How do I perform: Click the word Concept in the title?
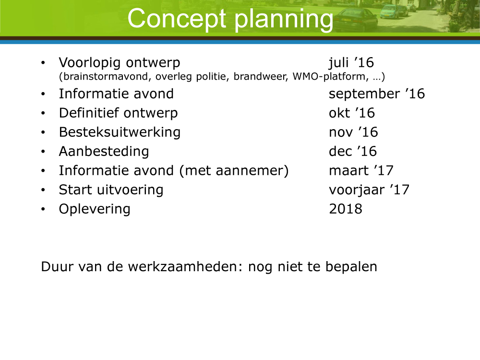(x=177, y=19)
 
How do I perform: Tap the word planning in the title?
(x=284, y=20)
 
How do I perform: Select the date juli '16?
(x=351, y=63)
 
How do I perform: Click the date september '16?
(x=377, y=94)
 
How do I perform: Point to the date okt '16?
(x=352, y=113)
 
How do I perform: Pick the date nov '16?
(x=353, y=132)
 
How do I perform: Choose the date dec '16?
(x=353, y=151)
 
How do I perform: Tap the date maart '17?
(x=361, y=170)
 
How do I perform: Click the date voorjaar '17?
(x=369, y=190)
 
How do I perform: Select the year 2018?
(x=345, y=209)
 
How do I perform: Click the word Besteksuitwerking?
(x=120, y=132)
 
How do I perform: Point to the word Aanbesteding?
(x=104, y=152)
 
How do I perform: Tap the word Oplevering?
(x=95, y=209)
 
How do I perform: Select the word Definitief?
(x=89, y=113)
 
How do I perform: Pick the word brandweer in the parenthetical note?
(x=261, y=76)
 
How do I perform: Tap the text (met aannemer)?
(x=234, y=171)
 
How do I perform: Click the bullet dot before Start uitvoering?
(x=43, y=190)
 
